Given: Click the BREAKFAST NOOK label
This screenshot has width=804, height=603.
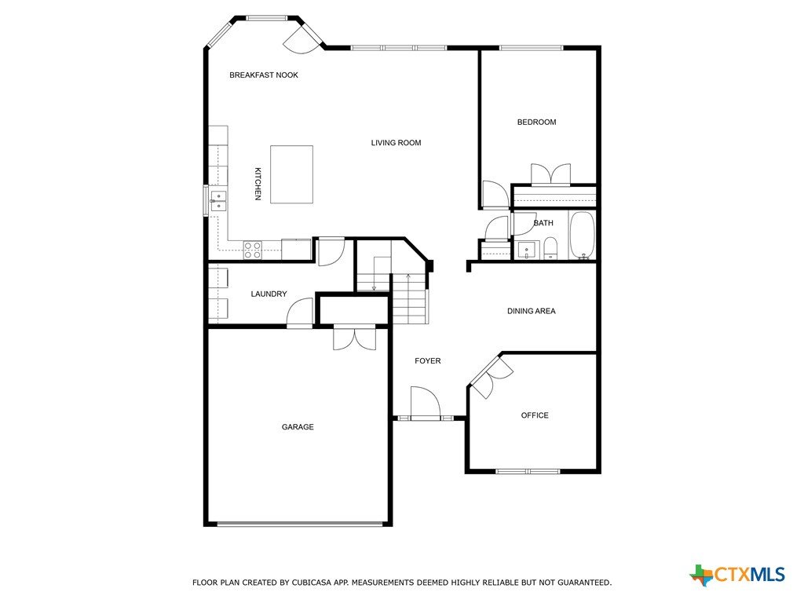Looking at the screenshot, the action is click(264, 75).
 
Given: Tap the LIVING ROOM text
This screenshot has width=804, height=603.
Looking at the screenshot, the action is click(396, 143).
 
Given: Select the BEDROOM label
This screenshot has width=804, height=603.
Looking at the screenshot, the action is click(536, 122).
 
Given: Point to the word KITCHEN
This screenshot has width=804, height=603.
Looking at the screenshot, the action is click(258, 184).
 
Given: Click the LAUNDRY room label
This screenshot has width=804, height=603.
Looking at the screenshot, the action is click(269, 294).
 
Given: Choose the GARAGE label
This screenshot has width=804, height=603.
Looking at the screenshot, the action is click(298, 426).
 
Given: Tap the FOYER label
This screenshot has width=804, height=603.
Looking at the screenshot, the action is click(428, 361).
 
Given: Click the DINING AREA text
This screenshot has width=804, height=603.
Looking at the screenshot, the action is click(532, 311).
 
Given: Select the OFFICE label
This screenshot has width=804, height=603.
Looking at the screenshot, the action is click(535, 415).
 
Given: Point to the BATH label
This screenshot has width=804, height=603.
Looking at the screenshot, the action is click(543, 223).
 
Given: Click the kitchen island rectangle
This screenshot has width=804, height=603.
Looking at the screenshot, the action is click(292, 174).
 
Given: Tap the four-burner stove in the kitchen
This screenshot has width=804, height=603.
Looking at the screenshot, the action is click(252, 250).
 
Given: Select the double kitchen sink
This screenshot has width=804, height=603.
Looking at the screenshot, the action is click(218, 200).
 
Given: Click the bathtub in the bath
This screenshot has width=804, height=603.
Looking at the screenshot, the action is click(582, 236).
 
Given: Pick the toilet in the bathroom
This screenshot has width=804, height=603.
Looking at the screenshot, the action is click(550, 248).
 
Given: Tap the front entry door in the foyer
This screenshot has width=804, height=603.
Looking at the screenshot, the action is click(426, 404).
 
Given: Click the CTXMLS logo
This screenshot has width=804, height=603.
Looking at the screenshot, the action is click(737, 575).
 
